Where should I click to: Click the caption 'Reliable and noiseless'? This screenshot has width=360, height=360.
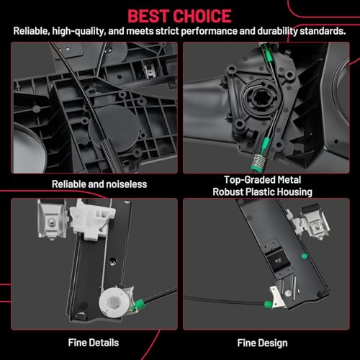99,184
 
